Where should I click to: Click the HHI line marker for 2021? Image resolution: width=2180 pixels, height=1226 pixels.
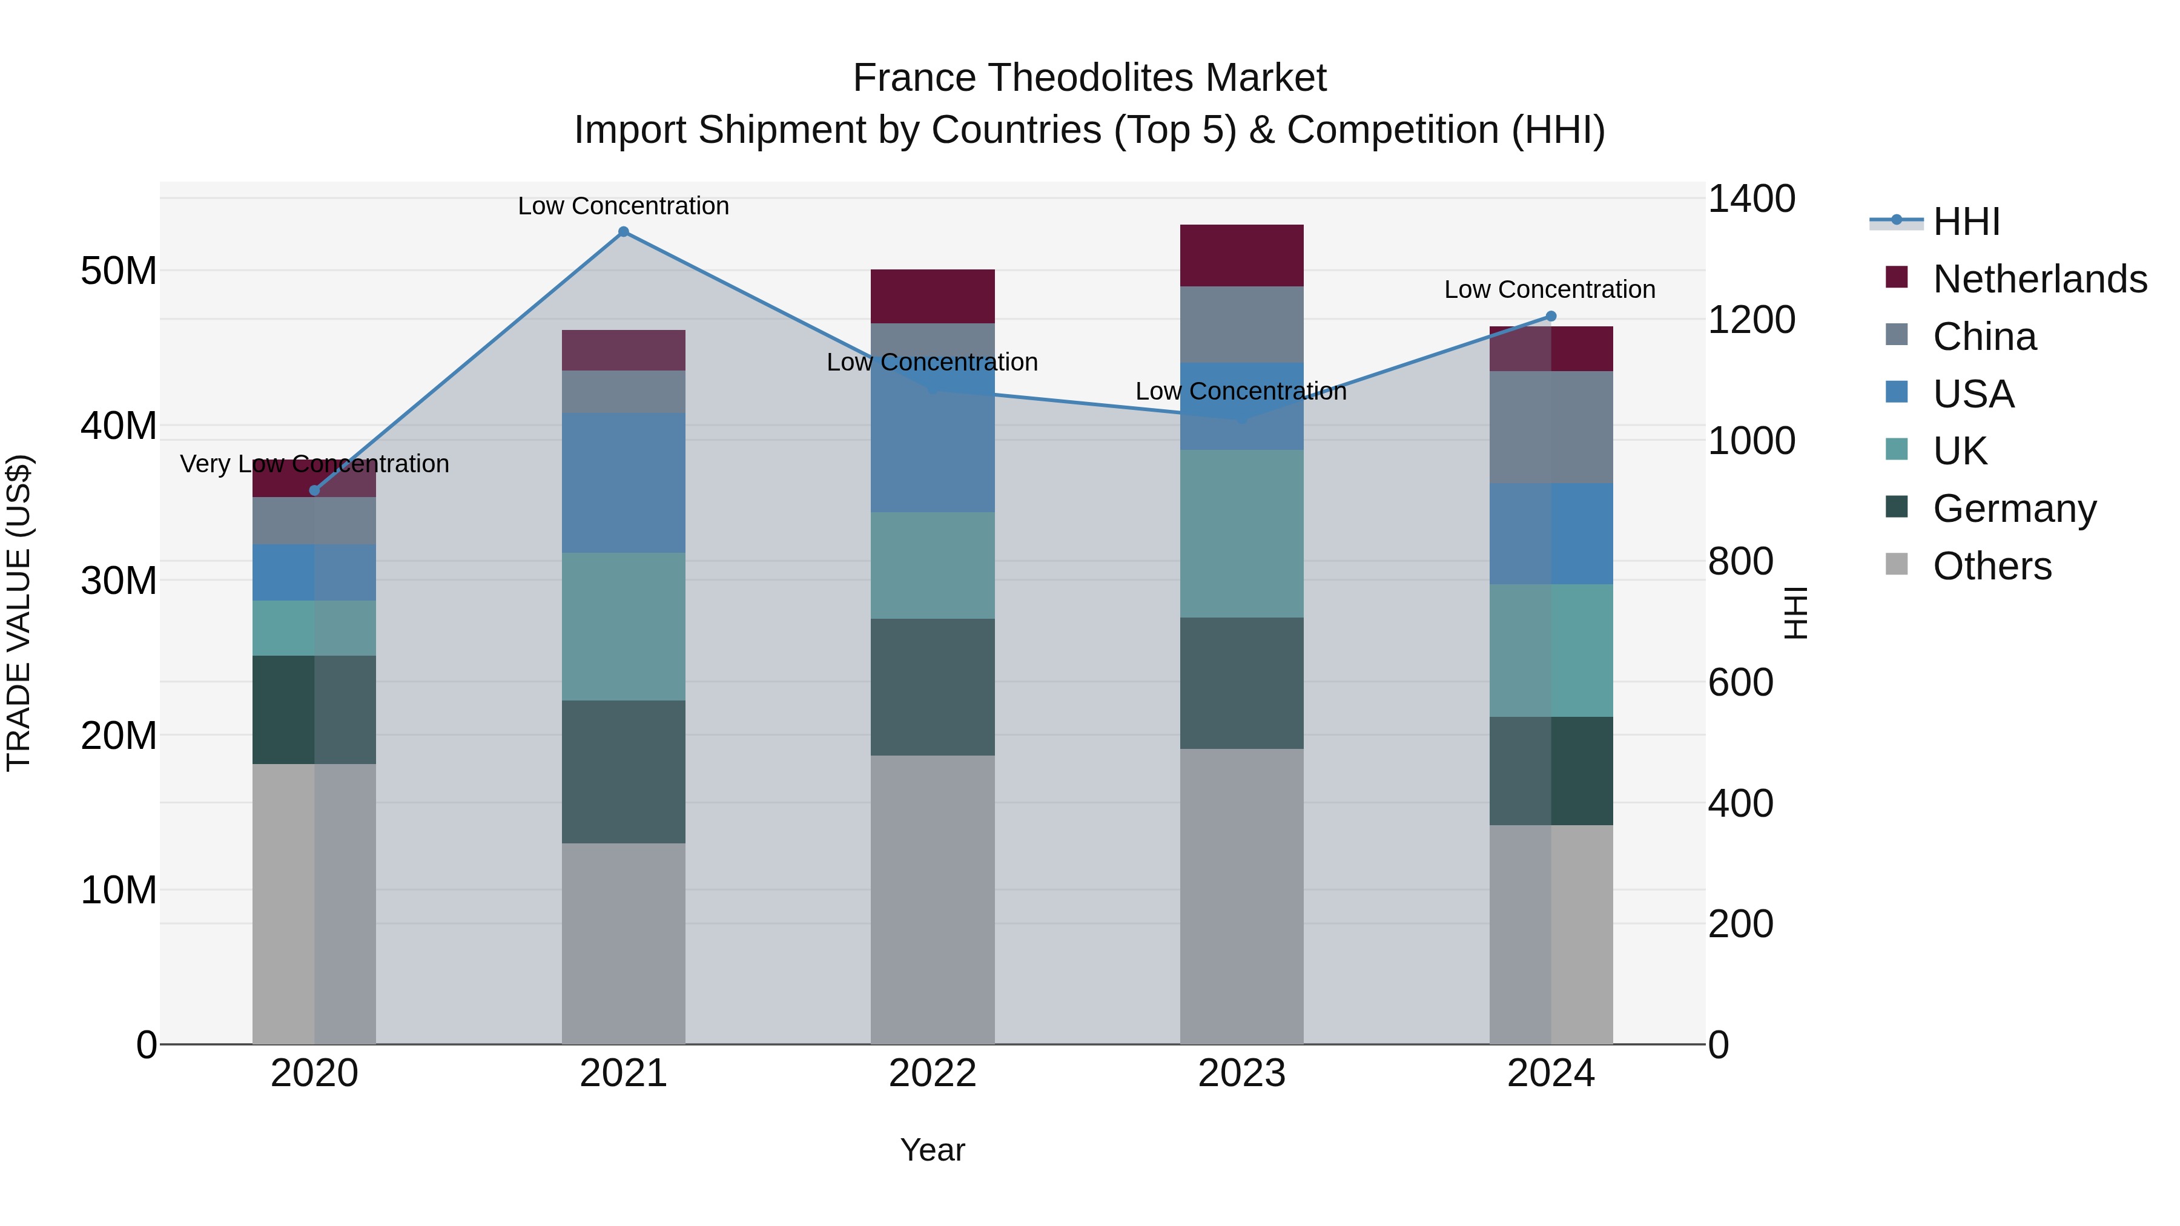pos(624,232)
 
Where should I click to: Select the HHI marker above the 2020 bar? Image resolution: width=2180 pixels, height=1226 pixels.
pos(315,491)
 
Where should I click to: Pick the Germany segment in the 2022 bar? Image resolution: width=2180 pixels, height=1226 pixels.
pos(933,687)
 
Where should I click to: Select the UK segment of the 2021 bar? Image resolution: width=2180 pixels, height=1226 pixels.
pos(624,626)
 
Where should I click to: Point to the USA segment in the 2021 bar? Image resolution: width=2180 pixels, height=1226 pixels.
pos(624,483)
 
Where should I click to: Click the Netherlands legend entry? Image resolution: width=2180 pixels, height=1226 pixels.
pos(2040,279)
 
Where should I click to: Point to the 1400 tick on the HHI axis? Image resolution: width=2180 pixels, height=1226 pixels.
pos(1751,200)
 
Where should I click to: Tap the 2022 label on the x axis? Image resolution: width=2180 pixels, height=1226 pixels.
pos(933,1073)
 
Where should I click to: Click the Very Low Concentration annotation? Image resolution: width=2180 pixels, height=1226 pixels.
pos(315,464)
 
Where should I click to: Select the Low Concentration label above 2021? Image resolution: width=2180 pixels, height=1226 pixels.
pos(624,206)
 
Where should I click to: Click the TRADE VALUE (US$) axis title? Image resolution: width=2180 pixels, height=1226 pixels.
pos(19,613)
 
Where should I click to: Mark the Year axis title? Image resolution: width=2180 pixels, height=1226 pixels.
pos(933,1150)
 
